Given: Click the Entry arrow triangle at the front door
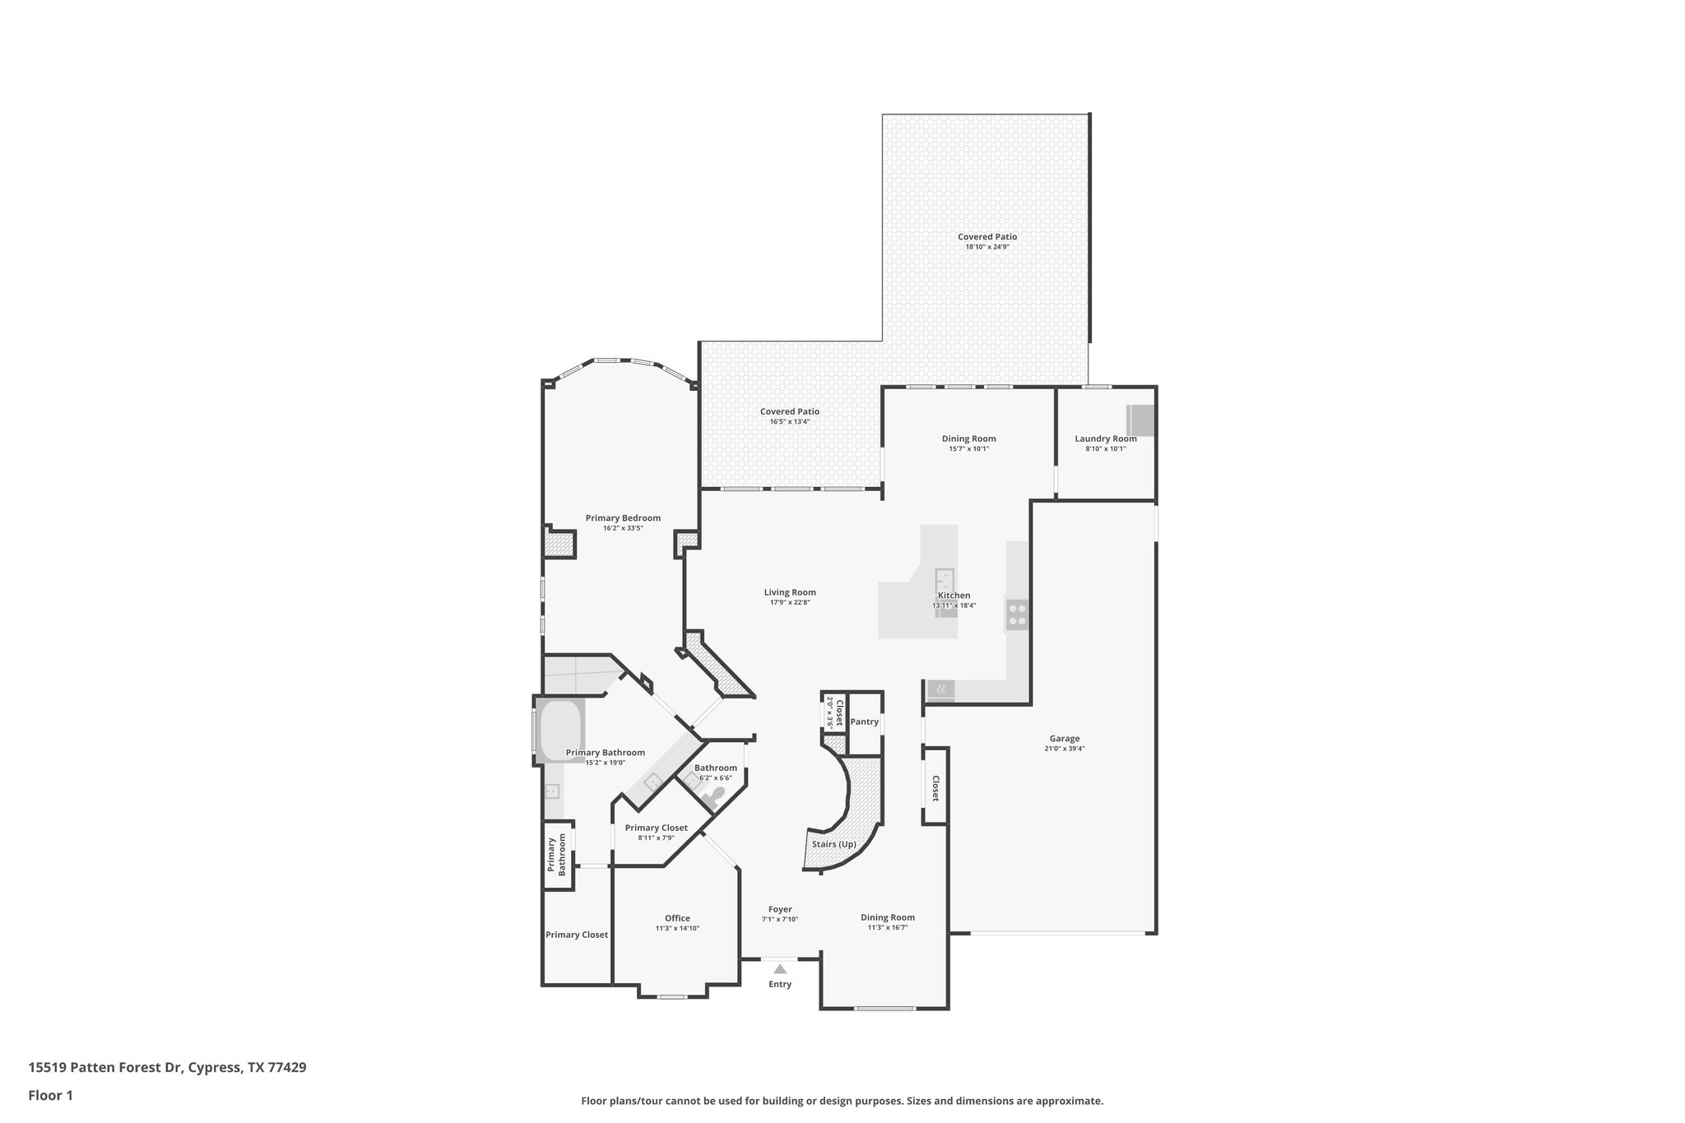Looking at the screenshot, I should tap(779, 969).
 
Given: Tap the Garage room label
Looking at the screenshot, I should tap(1064, 739).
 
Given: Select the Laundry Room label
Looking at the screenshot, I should tap(1105, 439).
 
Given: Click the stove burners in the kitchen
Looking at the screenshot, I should tap(1017, 615).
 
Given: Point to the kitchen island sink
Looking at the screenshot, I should tap(944, 579).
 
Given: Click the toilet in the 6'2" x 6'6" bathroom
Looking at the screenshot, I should tap(714, 796).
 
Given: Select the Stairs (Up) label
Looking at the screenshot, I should tap(833, 844).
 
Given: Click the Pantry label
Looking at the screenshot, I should tap(864, 722).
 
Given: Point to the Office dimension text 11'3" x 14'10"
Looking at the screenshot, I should tap(677, 928).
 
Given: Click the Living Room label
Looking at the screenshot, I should tap(789, 592).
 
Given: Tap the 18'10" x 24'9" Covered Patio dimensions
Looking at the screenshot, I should tap(986, 247).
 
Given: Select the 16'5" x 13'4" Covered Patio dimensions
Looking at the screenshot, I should tap(789, 421).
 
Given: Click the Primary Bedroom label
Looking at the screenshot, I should tap(623, 518).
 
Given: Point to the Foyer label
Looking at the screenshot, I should tap(780, 909).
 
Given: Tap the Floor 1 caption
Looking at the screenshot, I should tap(51, 1095).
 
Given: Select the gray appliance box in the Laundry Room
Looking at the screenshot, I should tap(1140, 420).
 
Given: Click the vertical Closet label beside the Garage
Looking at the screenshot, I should tap(935, 788).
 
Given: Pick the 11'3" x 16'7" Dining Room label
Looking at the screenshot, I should tap(888, 917).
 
